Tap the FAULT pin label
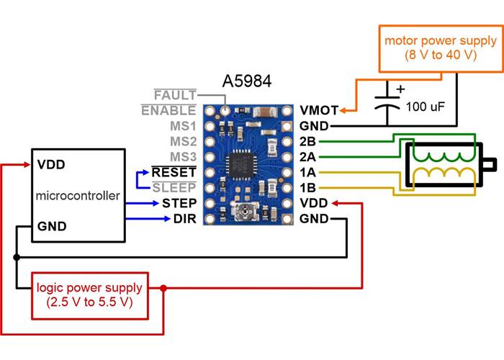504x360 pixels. point(174,94)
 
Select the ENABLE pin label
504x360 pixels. point(168,110)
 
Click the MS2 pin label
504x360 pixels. point(182,141)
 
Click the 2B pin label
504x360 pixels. point(307,141)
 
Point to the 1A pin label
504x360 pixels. point(307,173)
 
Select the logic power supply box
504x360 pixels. point(90,294)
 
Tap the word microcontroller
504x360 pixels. point(77,195)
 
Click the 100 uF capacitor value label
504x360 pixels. point(426,107)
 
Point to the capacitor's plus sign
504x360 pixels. point(402,89)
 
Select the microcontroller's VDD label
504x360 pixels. point(51,164)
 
